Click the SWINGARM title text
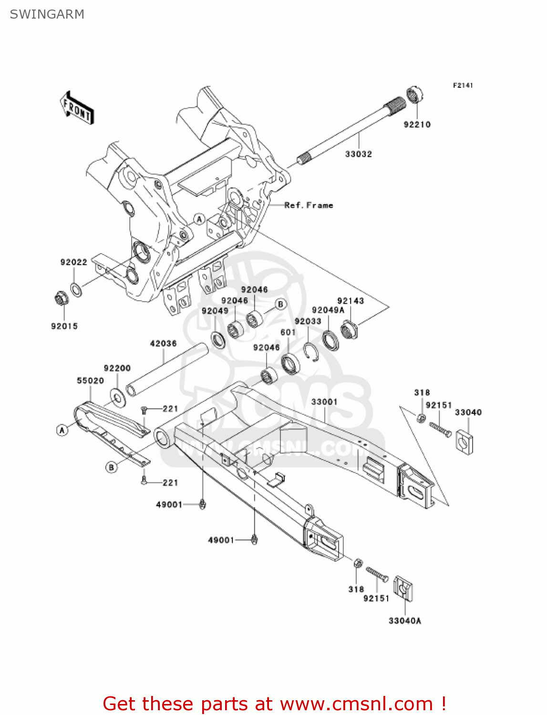(x=47, y=14)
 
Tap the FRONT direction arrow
(x=77, y=108)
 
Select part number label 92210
(x=417, y=124)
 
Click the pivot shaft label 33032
(x=358, y=154)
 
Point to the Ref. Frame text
(x=309, y=205)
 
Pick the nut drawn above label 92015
(x=61, y=299)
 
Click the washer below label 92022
(x=75, y=289)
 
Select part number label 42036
(x=163, y=343)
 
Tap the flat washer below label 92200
(x=118, y=397)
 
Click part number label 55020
(x=90, y=380)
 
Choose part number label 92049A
(x=328, y=310)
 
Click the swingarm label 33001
(x=324, y=402)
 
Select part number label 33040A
(x=404, y=621)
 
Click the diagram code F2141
(x=463, y=85)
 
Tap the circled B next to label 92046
(x=281, y=304)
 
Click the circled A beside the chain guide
(x=62, y=430)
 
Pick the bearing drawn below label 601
(x=290, y=364)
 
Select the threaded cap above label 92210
(x=413, y=94)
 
